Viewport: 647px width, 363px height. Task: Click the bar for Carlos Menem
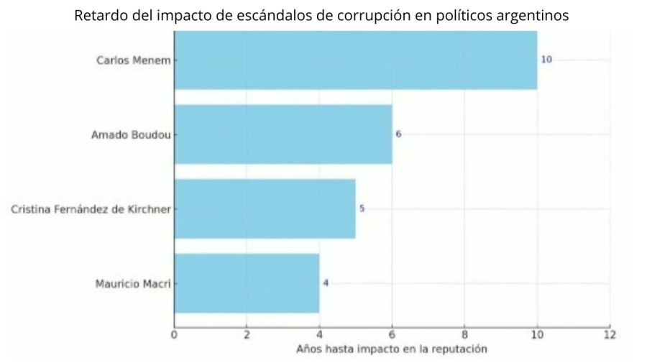(355, 60)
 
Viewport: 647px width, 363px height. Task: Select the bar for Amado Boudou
(283, 134)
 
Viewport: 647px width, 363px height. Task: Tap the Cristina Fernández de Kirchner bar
(265, 208)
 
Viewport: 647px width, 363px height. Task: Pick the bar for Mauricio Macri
(247, 282)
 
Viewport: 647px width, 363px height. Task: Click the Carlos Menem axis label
(134, 60)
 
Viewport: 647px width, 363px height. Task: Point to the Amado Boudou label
(131, 134)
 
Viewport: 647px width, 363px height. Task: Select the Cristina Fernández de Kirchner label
(91, 209)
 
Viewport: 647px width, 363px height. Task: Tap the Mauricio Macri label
(133, 283)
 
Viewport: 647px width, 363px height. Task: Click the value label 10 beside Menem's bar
(546, 60)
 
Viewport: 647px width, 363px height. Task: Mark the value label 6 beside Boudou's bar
(398, 134)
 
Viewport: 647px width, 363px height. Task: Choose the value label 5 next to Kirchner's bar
(362, 208)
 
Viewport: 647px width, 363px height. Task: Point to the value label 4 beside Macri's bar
(326, 283)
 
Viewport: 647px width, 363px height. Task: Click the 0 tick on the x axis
(174, 334)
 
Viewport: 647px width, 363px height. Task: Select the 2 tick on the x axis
(247, 334)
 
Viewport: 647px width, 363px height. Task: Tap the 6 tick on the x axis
(392, 334)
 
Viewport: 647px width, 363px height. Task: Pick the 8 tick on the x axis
(464, 334)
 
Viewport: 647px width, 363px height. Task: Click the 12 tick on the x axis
(610, 334)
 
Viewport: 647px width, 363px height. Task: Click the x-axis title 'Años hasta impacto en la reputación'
(392, 349)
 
